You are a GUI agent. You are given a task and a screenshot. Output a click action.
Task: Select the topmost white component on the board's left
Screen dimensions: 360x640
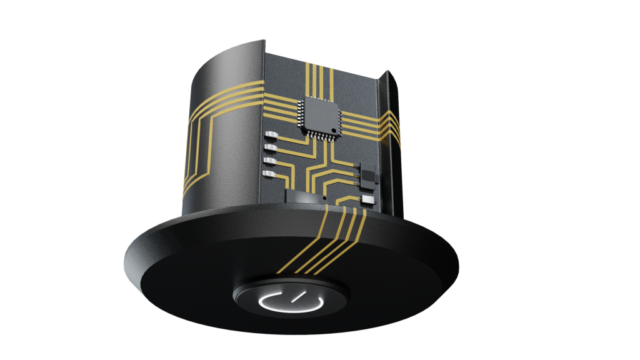[x=270, y=134]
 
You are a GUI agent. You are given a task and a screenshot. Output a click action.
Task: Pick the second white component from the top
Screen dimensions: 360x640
[x=270, y=147]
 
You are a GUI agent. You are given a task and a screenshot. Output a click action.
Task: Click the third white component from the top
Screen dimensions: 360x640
[x=270, y=161]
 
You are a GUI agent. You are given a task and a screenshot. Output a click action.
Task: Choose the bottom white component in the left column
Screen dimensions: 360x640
[x=270, y=174]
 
